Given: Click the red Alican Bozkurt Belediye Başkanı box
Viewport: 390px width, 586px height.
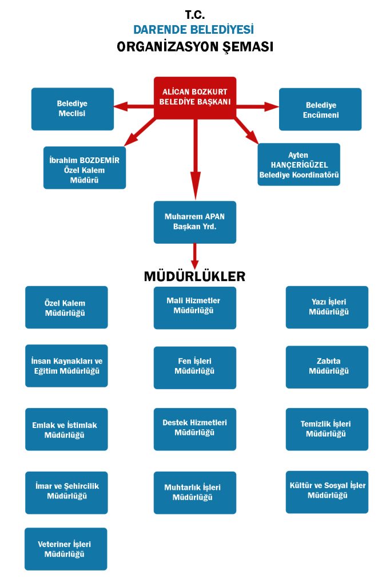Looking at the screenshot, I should [195, 98].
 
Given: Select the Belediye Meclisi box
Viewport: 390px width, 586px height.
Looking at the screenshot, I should [73, 109].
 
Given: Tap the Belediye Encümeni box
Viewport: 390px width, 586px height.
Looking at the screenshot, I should [320, 109].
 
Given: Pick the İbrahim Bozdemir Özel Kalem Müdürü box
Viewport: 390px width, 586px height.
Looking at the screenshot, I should [85, 168].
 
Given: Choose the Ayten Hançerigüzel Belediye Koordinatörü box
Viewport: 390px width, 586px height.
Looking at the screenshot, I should [299, 164].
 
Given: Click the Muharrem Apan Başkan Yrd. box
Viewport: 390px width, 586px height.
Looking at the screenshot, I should [195, 222].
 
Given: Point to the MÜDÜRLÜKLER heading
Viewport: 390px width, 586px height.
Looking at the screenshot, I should [195, 276].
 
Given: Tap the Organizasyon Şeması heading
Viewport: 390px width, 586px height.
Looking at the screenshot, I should [195, 47].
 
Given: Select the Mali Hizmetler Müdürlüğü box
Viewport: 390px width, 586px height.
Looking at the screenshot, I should [195, 308].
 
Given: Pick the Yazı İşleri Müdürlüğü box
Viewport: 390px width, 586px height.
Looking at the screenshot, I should [327, 307].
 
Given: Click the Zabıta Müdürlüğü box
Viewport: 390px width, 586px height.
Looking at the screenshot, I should [327, 367].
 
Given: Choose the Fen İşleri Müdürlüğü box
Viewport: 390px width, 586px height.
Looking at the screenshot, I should [195, 367].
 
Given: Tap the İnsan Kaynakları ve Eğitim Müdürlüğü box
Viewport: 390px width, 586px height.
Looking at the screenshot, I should [66, 366].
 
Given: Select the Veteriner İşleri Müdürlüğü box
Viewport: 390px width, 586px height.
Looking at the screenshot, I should [66, 549].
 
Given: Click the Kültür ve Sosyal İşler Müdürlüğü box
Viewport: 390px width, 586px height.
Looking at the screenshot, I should [327, 492].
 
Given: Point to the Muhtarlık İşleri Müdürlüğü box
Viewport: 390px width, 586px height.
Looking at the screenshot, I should [195, 492].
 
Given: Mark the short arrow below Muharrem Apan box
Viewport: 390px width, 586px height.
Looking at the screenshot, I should [195, 254].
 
